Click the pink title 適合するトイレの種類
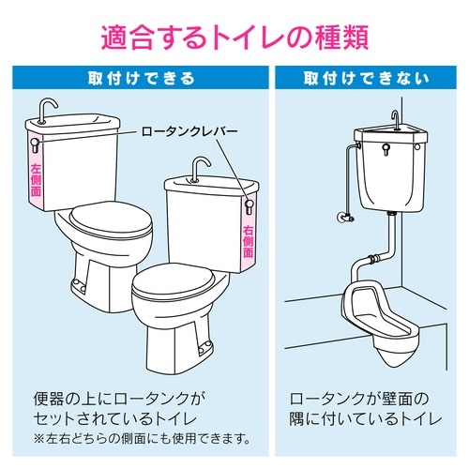[234, 36]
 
